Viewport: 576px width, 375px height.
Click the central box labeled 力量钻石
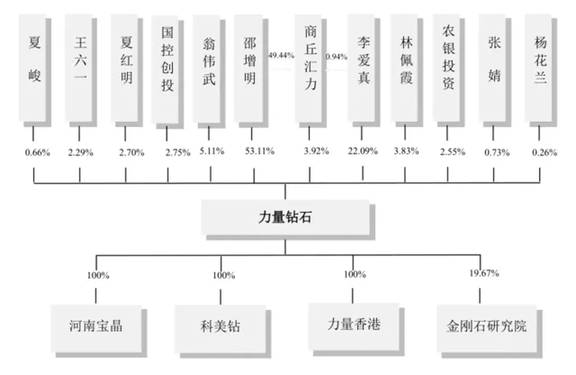286,217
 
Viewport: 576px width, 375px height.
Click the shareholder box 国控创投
165,69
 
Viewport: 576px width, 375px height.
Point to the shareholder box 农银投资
447,68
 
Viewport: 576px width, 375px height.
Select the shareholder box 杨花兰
539,68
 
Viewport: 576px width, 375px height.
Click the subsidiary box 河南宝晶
96,328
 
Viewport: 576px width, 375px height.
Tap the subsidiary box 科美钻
220,328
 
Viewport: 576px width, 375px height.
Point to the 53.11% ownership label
260,151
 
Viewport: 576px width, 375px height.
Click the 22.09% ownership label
363,151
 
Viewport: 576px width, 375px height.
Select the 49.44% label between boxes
281,56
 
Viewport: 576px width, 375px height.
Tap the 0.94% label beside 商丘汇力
336,57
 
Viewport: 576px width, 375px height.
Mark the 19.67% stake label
484,273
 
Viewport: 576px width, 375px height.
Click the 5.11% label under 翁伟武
212,151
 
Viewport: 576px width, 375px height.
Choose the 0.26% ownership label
544,152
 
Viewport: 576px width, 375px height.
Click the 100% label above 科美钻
224,275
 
